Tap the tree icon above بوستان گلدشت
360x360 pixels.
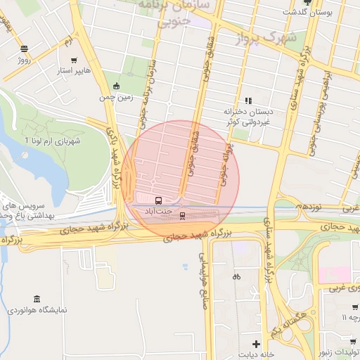306,2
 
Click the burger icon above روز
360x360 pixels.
25,49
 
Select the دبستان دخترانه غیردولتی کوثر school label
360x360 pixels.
247,116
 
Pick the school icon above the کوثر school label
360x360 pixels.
247,101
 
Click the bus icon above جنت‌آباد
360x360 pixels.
158,200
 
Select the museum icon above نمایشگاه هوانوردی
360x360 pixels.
37,298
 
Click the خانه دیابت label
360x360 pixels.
255,355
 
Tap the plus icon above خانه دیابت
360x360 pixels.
256,345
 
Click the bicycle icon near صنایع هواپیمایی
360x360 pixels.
236,276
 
